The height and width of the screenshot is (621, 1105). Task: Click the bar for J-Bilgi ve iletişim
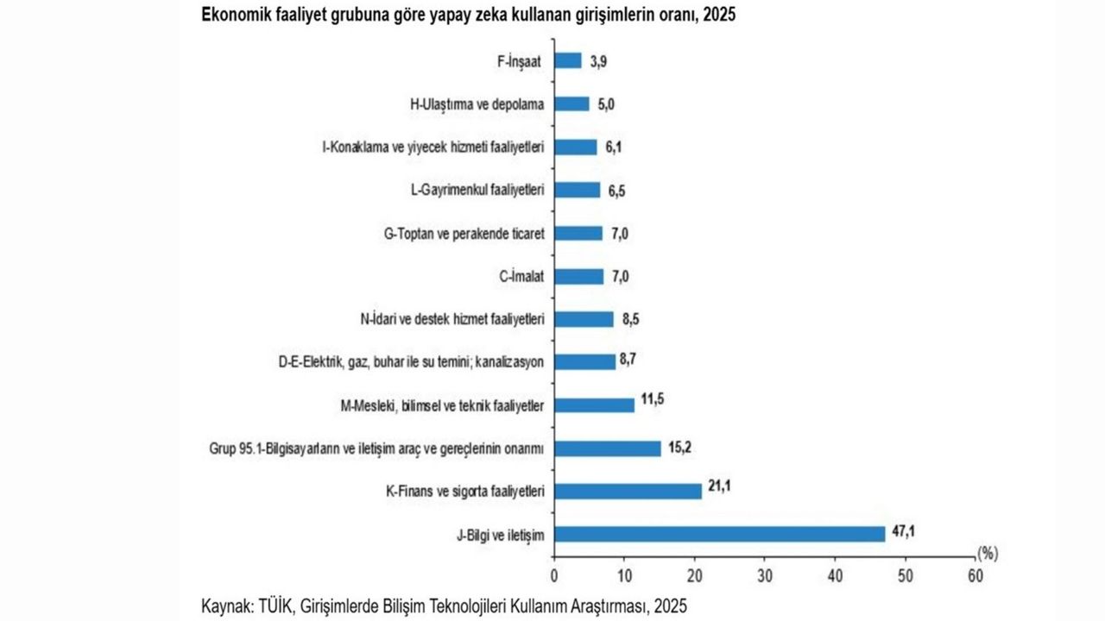(719, 534)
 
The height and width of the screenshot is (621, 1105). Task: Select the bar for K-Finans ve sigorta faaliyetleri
(628, 491)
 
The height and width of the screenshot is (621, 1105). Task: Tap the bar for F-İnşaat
(567, 60)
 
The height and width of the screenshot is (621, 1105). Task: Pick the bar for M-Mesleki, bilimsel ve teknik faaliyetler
(594, 405)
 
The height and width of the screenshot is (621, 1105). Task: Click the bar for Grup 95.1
(607, 448)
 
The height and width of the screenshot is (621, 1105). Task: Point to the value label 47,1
(903, 530)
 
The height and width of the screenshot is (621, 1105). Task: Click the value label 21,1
(719, 486)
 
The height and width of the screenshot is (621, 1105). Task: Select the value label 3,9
(598, 60)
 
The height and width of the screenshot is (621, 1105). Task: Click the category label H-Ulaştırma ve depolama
(477, 103)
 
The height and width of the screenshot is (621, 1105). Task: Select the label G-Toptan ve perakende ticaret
(463, 233)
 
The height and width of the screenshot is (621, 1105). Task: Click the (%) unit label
(987, 550)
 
